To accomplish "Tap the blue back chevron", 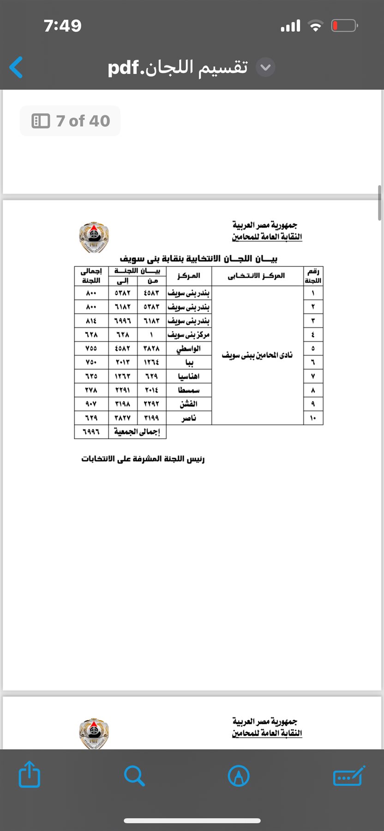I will coord(16,67).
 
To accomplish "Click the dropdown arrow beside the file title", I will coord(265,67).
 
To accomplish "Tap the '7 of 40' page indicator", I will coord(70,121).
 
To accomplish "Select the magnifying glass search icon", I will coord(134,775).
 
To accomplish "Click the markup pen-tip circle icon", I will coord(239,775).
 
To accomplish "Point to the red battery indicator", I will coord(344,26).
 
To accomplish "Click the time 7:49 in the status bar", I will coord(63,26).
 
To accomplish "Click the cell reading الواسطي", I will coord(189,349).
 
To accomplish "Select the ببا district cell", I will coord(189,362).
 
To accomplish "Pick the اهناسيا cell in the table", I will coord(189,376).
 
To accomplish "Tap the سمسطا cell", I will coord(189,390).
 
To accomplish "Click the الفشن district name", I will coord(189,404).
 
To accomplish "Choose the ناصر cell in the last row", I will coord(189,418).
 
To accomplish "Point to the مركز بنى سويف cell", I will coord(189,335).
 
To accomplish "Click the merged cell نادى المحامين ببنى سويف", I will coord(257,355).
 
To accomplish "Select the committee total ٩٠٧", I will coord(91,404).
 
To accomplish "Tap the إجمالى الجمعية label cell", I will coord(137,432).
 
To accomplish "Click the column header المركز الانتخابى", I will coord(257,276).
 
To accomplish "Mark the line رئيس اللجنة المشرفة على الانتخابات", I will coord(143,459).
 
